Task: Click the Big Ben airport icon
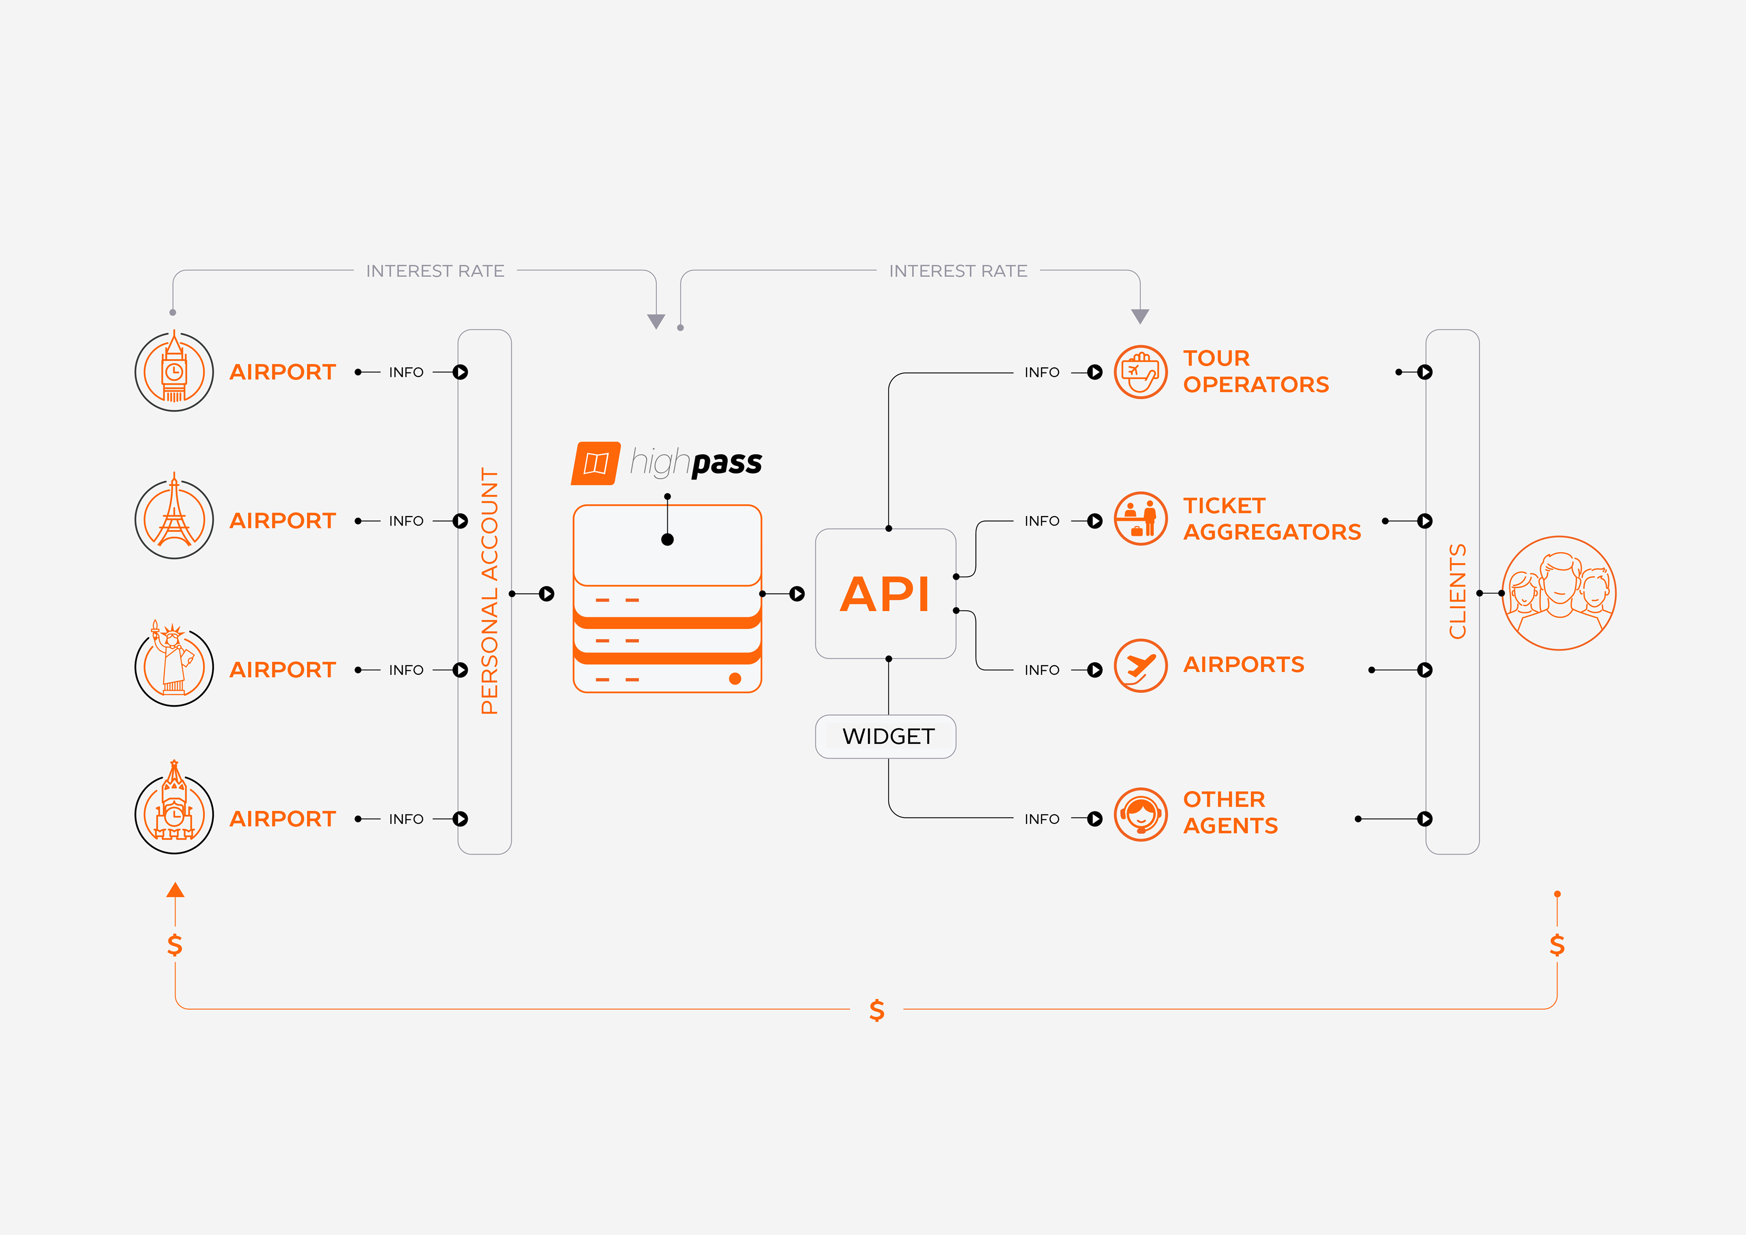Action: click(x=174, y=371)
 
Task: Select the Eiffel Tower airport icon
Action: click(x=174, y=517)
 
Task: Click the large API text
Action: click(x=885, y=594)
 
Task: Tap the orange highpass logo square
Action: click(x=596, y=463)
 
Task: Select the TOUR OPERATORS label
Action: click(x=1255, y=371)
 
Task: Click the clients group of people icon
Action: click(x=1559, y=593)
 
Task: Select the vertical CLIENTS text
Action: click(x=1457, y=591)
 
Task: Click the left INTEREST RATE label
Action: click(x=435, y=271)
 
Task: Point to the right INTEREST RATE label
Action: click(x=958, y=271)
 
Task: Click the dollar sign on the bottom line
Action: click(x=877, y=1010)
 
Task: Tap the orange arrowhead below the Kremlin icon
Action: click(x=176, y=890)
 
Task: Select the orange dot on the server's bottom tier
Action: click(x=735, y=678)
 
